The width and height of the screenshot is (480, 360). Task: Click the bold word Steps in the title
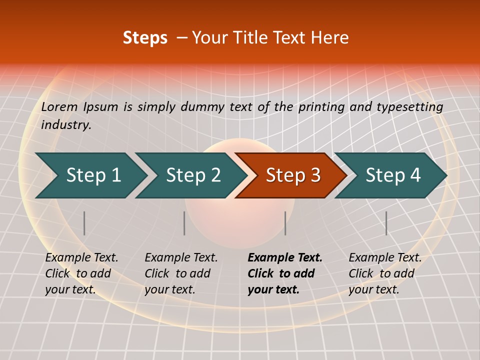[145, 38]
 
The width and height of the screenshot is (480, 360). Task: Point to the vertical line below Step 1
[84, 223]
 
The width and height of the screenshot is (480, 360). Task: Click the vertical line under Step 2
[184, 223]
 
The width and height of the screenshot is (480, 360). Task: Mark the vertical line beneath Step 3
[285, 223]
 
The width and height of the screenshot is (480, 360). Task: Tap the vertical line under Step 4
[386, 223]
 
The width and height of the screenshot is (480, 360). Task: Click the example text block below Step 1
[81, 273]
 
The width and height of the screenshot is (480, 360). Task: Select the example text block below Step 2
[181, 273]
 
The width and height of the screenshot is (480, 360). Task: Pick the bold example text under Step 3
[285, 273]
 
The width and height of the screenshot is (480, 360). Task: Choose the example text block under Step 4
[385, 273]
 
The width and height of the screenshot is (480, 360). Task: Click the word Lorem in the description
[59, 107]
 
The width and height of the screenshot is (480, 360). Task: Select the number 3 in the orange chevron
[315, 175]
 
